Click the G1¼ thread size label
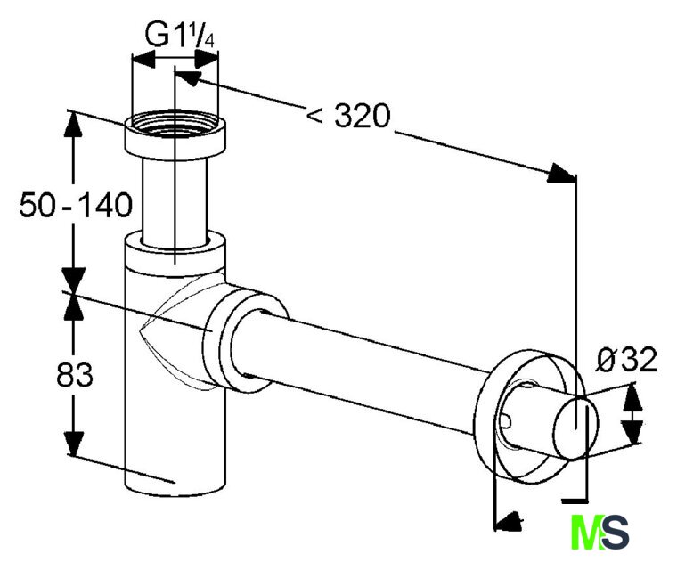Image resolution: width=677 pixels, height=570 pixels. click(180, 35)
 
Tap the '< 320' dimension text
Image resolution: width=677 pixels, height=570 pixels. click(348, 116)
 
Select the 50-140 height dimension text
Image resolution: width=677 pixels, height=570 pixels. click(76, 205)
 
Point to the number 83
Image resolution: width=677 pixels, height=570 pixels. click(74, 374)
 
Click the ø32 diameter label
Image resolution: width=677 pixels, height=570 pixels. click(626, 360)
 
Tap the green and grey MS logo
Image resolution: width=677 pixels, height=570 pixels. click(600, 532)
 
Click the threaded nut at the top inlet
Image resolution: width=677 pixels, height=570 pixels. click(175, 135)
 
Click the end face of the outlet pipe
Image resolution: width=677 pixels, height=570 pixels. click(576, 429)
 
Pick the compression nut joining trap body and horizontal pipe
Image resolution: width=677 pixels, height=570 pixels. click(244, 341)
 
